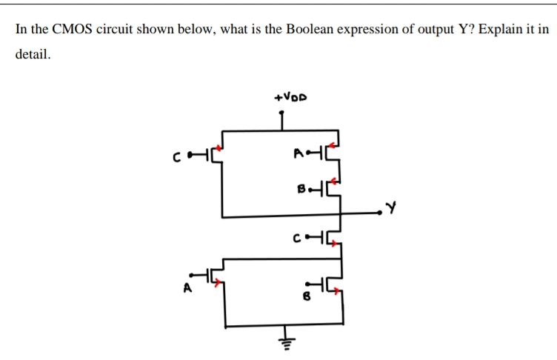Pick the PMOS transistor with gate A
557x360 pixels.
(x=333, y=153)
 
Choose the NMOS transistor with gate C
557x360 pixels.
(x=333, y=238)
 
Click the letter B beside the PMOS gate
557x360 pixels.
(x=301, y=189)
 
